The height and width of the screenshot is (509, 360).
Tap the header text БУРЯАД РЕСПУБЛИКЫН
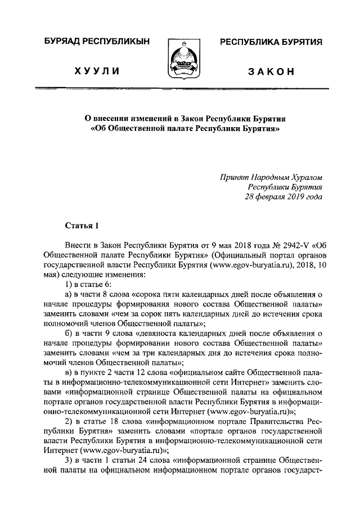pyautogui.click(x=93, y=43)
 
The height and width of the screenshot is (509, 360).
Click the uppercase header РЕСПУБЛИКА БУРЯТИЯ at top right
pyautogui.click(x=270, y=43)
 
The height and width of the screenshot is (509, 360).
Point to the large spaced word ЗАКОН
pyautogui.click(x=270, y=71)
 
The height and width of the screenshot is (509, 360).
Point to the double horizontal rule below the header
pyautogui.click(x=180, y=88)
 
